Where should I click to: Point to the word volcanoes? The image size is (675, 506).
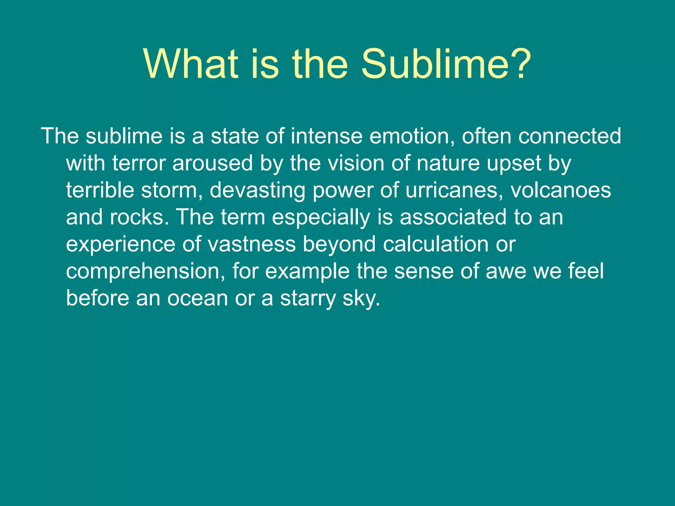(x=561, y=191)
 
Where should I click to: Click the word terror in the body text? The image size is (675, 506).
(x=139, y=163)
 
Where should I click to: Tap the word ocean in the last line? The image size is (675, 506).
(x=197, y=298)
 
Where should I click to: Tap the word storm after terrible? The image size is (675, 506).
(x=171, y=191)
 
